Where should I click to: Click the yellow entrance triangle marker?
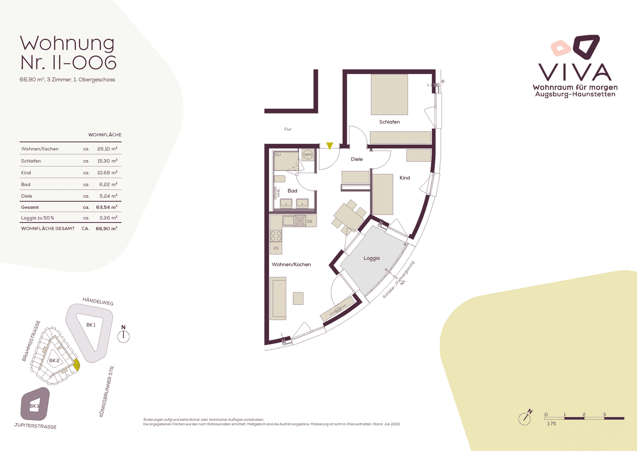(330, 146)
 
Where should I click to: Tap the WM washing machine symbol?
(308, 155)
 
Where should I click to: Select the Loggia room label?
(372, 258)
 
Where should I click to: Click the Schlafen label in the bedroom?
(389, 122)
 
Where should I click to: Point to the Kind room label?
(405, 178)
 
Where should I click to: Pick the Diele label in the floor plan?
(357, 159)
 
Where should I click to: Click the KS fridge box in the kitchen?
(276, 248)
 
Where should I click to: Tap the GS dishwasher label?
(309, 221)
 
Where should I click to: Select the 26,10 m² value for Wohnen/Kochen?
(107, 148)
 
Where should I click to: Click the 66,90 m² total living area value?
(106, 228)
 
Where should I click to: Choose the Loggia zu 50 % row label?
(38, 218)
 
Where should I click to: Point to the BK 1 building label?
(91, 325)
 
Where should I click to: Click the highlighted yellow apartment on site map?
(77, 365)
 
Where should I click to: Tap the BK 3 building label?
(35, 406)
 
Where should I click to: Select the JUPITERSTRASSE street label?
(35, 426)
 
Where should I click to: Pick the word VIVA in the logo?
(575, 72)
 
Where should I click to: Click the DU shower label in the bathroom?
(278, 155)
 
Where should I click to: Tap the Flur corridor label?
(288, 129)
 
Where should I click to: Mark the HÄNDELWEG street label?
(98, 301)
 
